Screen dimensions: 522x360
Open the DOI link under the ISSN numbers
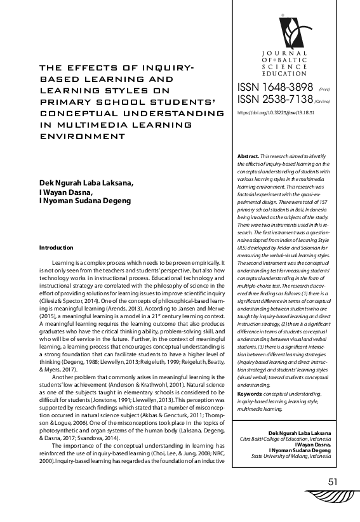coord(276,112)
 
